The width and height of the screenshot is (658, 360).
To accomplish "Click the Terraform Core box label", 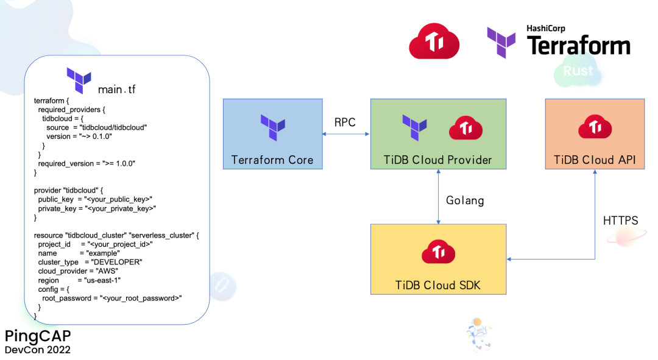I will (272, 160).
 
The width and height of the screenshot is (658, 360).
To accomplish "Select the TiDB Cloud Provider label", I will (437, 160).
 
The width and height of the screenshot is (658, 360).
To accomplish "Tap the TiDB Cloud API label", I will (594, 160).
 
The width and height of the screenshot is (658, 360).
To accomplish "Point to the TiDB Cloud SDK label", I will (437, 285).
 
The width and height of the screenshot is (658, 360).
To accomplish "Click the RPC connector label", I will (345, 122).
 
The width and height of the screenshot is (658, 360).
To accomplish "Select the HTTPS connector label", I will (620, 221).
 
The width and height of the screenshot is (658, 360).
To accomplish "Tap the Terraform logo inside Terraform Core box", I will (272, 128).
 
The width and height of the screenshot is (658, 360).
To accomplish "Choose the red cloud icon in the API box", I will (595, 127).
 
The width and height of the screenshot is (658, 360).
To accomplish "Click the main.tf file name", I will (117, 90).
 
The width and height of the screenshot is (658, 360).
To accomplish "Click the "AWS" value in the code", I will (106, 271).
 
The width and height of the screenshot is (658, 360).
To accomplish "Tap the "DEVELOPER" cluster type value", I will (117, 262).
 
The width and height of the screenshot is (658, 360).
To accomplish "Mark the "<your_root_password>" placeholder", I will (141, 298).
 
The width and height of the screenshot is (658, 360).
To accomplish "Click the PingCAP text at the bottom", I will (38, 336).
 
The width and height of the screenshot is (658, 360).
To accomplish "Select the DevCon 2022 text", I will (38, 350).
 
